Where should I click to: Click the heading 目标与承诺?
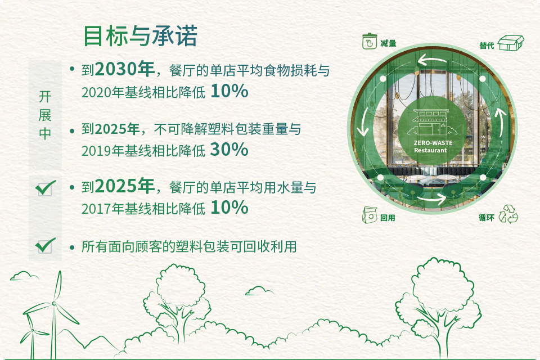click(141, 36)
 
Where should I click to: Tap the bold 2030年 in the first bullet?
click(124, 69)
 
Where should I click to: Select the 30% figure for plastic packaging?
click(229, 150)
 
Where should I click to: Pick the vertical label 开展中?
click(45, 115)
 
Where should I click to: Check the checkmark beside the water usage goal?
click(45, 188)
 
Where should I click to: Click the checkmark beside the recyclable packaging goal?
click(45, 245)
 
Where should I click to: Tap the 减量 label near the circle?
click(388, 43)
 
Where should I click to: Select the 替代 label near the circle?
click(487, 46)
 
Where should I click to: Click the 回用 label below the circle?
click(388, 218)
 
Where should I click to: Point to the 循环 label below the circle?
click(486, 217)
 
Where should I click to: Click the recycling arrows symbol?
click(508, 214)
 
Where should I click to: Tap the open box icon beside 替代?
click(511, 43)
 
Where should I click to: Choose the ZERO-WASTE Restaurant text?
click(433, 146)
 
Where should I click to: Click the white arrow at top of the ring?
click(432, 60)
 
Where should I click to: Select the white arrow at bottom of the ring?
click(431, 199)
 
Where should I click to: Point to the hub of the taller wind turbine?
click(54, 304)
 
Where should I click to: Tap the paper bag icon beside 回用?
click(370, 215)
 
